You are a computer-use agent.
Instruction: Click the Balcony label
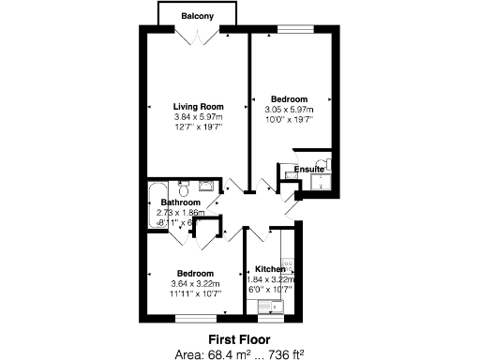(196, 17)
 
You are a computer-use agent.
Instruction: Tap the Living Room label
(197, 106)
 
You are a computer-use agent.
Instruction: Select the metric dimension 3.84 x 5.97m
(197, 116)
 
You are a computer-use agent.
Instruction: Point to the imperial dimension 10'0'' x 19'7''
(289, 119)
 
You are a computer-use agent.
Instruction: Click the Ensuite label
(308, 169)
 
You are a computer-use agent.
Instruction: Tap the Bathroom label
(180, 202)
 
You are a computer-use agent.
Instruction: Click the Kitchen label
(270, 268)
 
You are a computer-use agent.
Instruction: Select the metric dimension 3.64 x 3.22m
(196, 284)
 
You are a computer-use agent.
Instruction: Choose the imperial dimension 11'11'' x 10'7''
(196, 294)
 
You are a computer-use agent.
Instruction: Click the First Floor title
(238, 338)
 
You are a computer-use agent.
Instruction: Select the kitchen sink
(277, 306)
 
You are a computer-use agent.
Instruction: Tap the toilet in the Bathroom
(184, 185)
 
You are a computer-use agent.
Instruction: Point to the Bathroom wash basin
(207, 185)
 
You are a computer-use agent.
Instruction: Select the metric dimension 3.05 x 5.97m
(289, 109)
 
